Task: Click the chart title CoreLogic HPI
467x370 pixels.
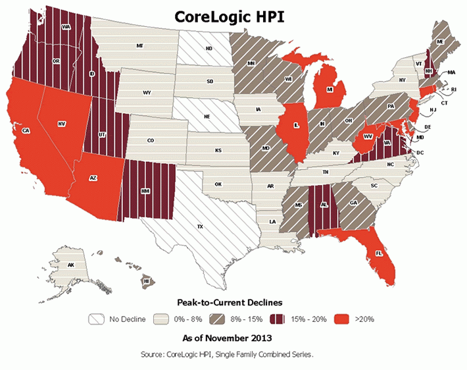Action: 233,16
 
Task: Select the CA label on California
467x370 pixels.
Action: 26,131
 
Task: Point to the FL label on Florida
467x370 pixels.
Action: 380,253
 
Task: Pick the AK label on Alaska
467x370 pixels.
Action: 70,265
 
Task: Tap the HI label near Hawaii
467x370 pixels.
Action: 146,280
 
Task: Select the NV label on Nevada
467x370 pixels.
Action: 61,123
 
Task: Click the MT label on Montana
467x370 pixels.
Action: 139,46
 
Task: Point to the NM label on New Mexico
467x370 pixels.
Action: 145,192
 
